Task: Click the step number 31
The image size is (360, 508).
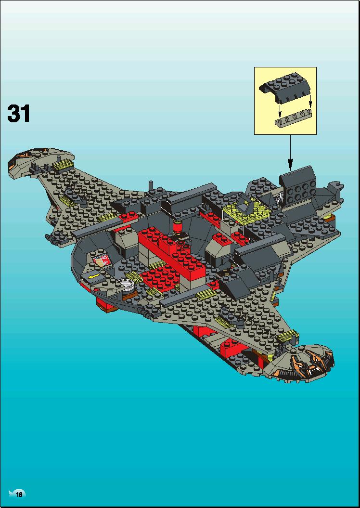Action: [x=18, y=113]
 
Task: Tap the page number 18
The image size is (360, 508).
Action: [x=19, y=495]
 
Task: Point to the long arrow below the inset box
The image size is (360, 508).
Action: [x=290, y=152]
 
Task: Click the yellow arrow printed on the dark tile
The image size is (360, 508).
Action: [x=94, y=276]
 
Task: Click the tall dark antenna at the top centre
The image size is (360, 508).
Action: [x=151, y=187]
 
